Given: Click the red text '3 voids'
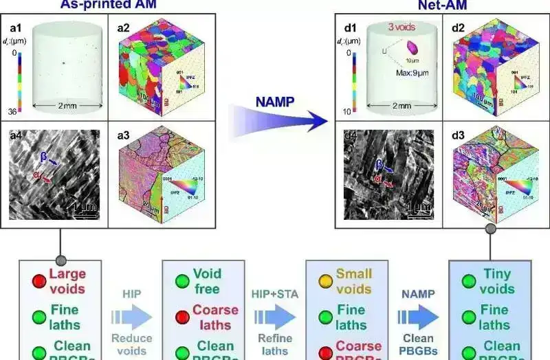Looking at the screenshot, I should coord(401,27).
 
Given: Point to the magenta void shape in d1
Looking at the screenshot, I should coord(413,47).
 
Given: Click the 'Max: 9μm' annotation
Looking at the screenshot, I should coord(414,74).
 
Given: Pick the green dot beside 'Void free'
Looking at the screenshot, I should coord(181,281).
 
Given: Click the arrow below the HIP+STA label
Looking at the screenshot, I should coord(275,317).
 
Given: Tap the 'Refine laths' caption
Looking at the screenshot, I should coord(275,344).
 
